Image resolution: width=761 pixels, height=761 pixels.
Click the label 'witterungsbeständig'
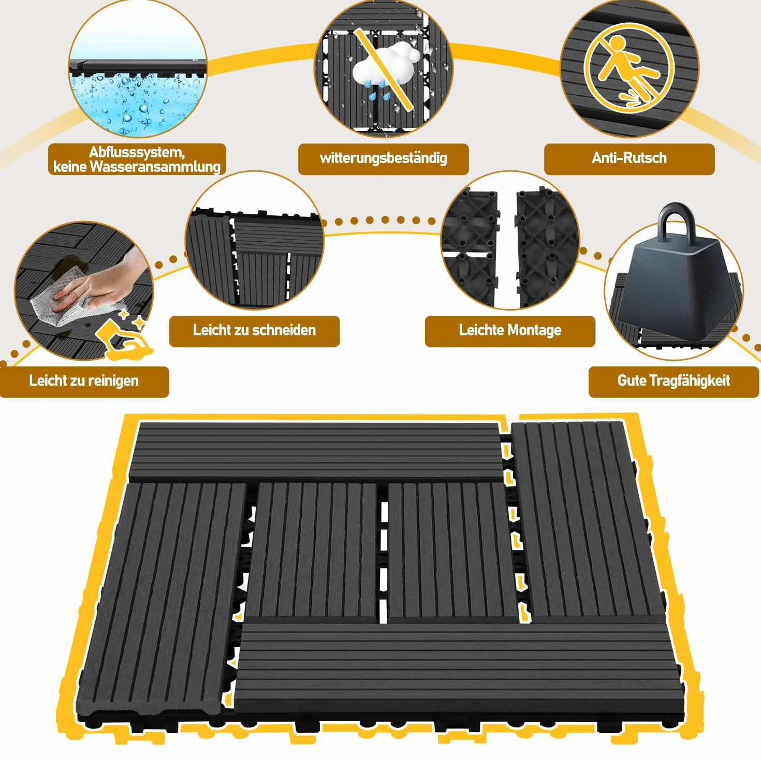(x=383, y=158)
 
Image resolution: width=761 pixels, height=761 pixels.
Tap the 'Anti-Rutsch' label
(x=629, y=158)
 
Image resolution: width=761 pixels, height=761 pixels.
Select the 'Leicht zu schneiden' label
(x=254, y=330)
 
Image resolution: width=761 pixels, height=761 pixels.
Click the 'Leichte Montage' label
(x=510, y=330)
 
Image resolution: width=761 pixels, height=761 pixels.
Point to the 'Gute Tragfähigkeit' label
(x=674, y=380)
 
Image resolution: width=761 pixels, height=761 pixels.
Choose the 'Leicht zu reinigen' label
(x=84, y=380)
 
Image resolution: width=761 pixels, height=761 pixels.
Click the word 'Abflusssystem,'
(x=137, y=152)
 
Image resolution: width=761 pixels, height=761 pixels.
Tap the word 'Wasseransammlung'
(x=155, y=167)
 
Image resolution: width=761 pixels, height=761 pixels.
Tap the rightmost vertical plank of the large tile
(x=589, y=521)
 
